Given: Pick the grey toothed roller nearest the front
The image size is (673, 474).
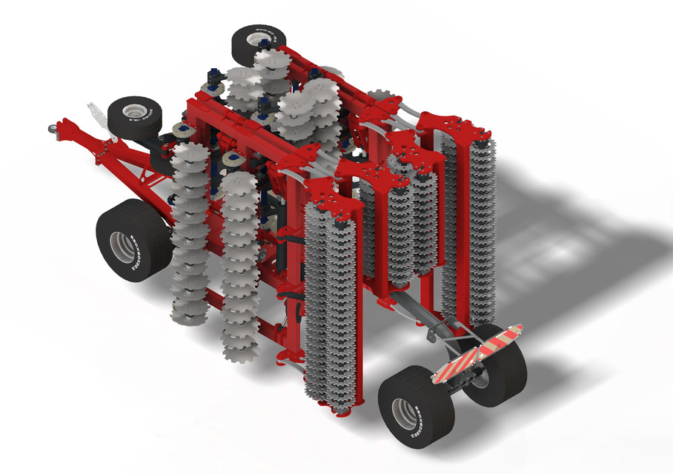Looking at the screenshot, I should point(331,311).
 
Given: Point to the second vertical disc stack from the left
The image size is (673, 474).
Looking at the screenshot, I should point(238,263).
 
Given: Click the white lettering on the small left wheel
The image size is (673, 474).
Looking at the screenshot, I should point(147,113).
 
